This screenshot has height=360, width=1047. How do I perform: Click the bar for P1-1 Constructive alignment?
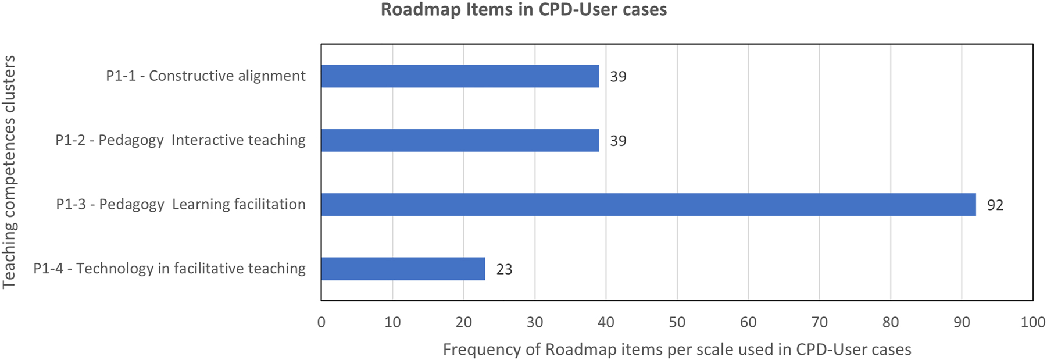tap(459, 76)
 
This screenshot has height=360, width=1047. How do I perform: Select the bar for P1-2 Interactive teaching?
tap(459, 140)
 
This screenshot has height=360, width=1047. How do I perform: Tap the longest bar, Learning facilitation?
tap(648, 204)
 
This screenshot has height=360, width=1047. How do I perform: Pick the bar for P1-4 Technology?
tap(403, 269)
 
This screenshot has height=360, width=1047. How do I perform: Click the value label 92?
tap(995, 205)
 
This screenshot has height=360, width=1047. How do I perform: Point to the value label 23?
tap(504, 269)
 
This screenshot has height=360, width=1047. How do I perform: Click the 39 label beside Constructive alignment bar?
tap(618, 77)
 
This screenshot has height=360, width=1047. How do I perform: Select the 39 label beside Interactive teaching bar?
tap(618, 141)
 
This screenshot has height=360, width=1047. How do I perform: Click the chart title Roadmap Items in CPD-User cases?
tap(523, 10)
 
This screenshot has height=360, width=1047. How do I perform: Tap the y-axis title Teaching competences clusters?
tap(9, 172)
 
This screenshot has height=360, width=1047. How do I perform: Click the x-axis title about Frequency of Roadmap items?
tap(677, 350)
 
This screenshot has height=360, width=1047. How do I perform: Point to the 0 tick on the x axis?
tap(321, 322)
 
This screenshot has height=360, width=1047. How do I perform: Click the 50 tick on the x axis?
tap(677, 322)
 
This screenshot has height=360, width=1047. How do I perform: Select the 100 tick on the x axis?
tap(1032, 322)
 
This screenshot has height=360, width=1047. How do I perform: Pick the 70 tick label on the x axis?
tap(819, 322)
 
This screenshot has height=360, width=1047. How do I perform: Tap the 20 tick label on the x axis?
tap(463, 322)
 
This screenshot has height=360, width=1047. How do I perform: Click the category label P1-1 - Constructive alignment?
tap(205, 76)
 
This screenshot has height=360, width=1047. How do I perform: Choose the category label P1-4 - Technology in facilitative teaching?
tap(169, 269)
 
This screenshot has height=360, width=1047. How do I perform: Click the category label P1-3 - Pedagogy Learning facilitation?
tap(180, 204)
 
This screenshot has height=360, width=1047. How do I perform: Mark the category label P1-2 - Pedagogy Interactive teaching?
tap(180, 140)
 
